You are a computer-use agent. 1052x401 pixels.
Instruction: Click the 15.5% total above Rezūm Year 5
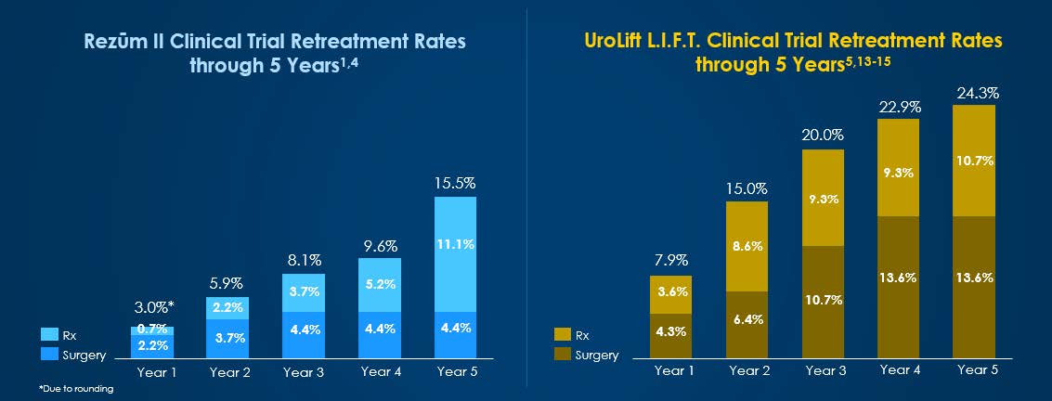click(455, 184)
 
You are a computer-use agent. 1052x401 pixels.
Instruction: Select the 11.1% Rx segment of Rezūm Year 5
click(455, 244)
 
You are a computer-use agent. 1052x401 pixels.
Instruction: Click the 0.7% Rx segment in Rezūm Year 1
click(152, 330)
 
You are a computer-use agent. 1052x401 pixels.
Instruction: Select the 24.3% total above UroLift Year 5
click(974, 93)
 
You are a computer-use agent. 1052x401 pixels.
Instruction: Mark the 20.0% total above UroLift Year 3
click(823, 136)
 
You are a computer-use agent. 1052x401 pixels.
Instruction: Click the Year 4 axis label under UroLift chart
click(898, 370)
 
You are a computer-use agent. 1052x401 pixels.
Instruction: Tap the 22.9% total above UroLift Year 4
click(898, 108)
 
